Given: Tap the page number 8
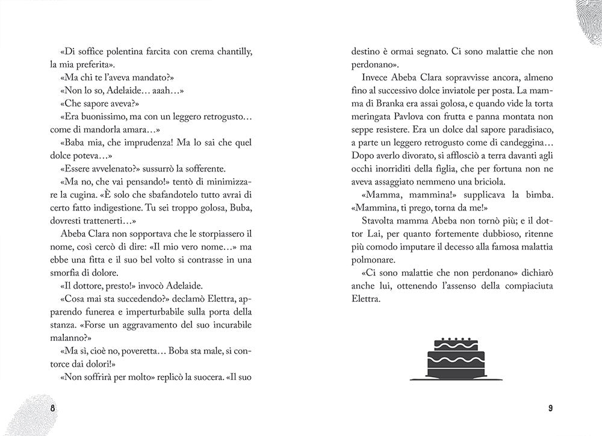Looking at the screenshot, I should (53, 409).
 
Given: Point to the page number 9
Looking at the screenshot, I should (550, 409).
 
